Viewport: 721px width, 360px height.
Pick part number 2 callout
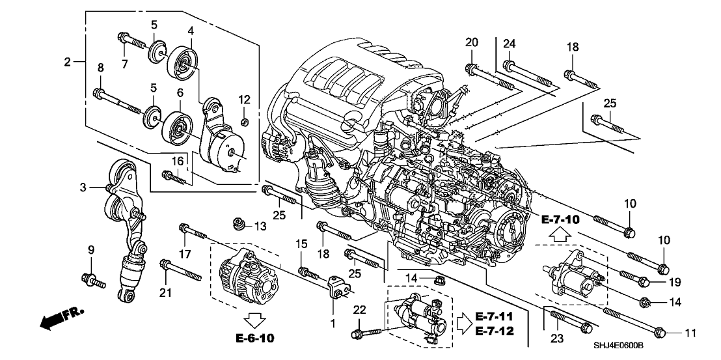[67, 62]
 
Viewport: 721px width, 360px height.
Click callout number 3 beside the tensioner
[83, 188]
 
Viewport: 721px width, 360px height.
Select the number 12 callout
[244, 100]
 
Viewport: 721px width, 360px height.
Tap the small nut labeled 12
[245, 122]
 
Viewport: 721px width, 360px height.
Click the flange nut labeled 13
[239, 226]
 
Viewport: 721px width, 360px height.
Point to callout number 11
[690, 333]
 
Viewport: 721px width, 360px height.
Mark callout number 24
[510, 44]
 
